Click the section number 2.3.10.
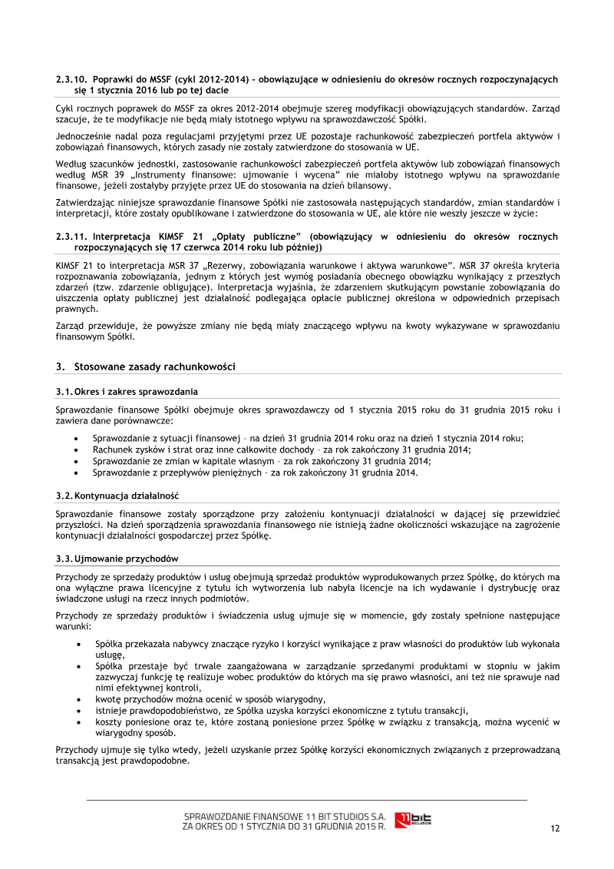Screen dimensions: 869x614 click(x=72, y=79)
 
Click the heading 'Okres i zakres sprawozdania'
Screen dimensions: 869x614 click(x=136, y=392)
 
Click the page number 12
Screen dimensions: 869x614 click(x=555, y=828)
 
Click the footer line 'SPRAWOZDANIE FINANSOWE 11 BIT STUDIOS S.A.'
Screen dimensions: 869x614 click(x=284, y=815)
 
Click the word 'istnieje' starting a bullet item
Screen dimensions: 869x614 click(x=111, y=711)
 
